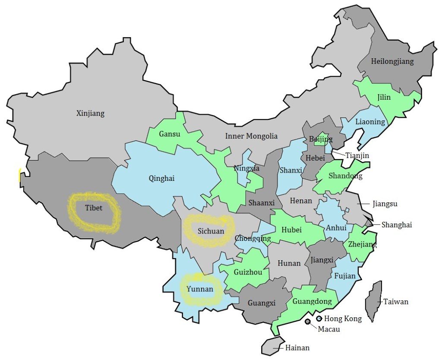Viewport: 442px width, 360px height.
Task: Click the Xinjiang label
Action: pos(90,114)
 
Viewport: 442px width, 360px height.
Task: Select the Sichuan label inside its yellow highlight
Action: pos(211,231)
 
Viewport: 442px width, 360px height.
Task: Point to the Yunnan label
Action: pos(199,289)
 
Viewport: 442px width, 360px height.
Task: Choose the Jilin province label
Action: pos(384,97)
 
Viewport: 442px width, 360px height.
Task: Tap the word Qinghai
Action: pos(161,178)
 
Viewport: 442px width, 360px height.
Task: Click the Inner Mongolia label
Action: pos(251,136)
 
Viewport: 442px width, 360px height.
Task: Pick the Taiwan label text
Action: pos(395,302)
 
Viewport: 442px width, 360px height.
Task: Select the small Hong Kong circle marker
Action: pos(319,319)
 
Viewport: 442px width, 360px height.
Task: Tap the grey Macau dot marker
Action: pos(307,322)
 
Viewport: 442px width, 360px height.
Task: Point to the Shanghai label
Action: pos(397,224)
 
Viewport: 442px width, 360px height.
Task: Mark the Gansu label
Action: pos(170,134)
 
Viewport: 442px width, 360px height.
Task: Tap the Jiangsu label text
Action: pos(384,203)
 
